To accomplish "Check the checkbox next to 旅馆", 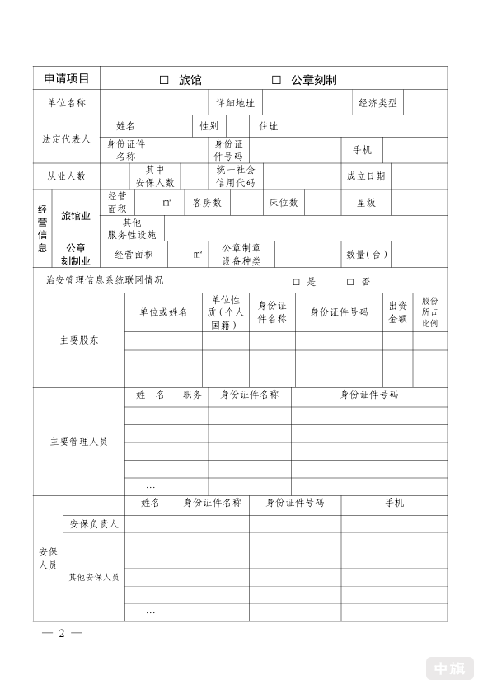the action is [x=164, y=80].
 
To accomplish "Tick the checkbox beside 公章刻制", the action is [x=277, y=80].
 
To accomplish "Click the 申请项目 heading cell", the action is [x=67, y=79].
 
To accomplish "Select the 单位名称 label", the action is [x=67, y=103].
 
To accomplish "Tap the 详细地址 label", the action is [x=235, y=103].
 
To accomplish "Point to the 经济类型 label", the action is [x=377, y=103].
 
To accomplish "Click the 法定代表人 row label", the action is [x=67, y=139].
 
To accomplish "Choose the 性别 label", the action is [x=209, y=126].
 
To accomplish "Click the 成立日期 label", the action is [x=365, y=176].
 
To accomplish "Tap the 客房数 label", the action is [x=207, y=202].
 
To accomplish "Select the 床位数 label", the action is [x=284, y=202].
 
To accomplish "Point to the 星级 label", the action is [x=366, y=202].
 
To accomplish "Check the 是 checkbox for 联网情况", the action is [x=296, y=281].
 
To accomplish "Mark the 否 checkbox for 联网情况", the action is [x=349, y=281].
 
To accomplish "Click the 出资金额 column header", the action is [x=397, y=312].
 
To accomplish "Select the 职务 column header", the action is [x=192, y=396].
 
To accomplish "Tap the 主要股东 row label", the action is [x=79, y=340].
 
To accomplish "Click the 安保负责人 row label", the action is [x=94, y=524].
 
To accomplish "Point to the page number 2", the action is [x=59, y=633].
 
